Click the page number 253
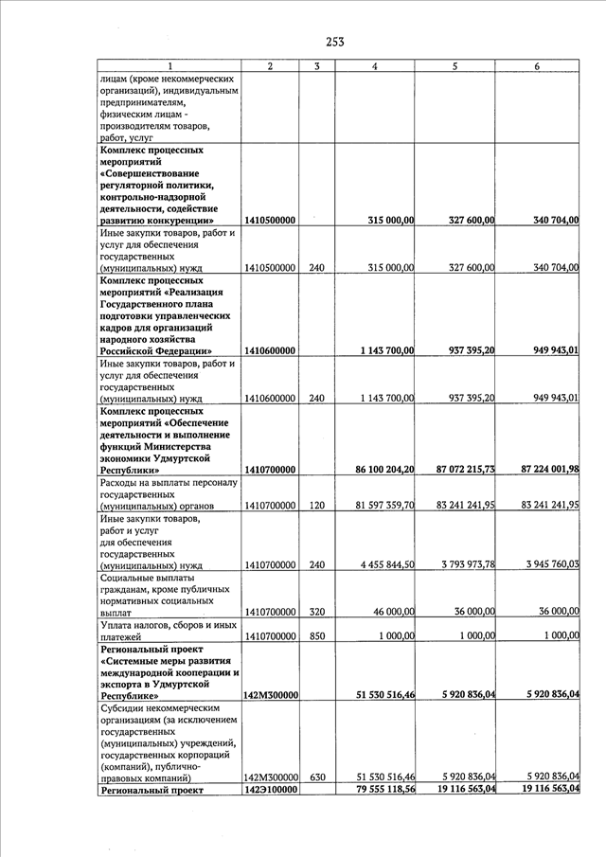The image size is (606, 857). point(334,41)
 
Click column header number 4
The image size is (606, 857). point(376,66)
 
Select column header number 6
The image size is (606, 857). point(537,66)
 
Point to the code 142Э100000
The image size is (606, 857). point(270,790)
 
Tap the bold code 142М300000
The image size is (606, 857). point(271,695)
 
